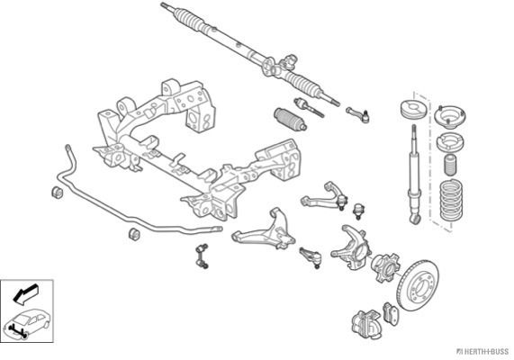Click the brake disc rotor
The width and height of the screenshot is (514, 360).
point(417,285)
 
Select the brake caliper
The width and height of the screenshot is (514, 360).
point(366,324)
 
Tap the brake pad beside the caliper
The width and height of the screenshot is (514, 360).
point(391,314)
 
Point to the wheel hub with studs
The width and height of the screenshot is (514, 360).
point(385,267)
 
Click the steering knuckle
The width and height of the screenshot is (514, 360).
point(351,247)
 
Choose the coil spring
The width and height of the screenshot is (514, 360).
point(451,200)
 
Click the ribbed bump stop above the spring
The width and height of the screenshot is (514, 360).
point(451,165)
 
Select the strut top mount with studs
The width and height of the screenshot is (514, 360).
point(450,117)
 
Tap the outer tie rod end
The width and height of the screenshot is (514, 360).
point(358,115)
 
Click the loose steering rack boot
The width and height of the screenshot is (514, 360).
point(290,119)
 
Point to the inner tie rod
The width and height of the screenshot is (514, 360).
point(309,107)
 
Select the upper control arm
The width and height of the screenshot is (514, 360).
point(324,197)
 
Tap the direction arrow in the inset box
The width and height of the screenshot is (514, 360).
point(25,293)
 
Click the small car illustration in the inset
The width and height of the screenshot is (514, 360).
point(27,322)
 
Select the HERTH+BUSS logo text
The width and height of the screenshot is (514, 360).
point(482,352)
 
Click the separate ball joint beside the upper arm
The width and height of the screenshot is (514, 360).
point(358,211)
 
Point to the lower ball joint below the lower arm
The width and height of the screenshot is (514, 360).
point(311,257)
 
